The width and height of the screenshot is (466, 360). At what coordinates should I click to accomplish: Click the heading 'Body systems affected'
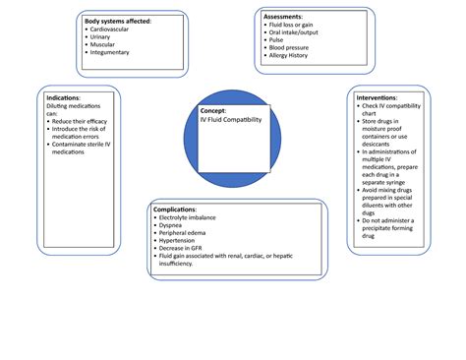118,21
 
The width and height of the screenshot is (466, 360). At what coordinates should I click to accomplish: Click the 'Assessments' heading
291,16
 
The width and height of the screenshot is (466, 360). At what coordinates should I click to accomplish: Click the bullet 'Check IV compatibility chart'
394,111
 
